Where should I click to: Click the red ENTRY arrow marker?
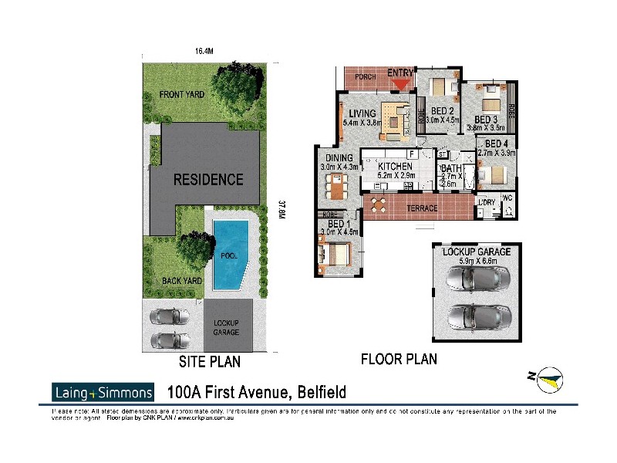tap(401, 83)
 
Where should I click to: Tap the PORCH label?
tap(364, 77)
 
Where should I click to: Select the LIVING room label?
tap(362, 113)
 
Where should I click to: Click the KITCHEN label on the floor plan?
tap(395, 167)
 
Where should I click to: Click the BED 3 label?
tap(485, 120)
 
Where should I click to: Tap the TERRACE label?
tap(422, 208)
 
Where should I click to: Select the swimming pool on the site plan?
tap(231, 255)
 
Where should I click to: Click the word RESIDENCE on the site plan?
tap(207, 180)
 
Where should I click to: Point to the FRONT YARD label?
tap(181, 95)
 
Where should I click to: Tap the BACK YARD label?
tap(182, 281)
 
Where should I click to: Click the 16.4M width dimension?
tap(204, 51)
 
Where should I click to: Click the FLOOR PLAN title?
tap(399, 359)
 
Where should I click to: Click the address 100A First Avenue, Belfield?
tap(256, 392)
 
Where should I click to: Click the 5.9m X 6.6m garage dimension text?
tap(476, 261)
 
